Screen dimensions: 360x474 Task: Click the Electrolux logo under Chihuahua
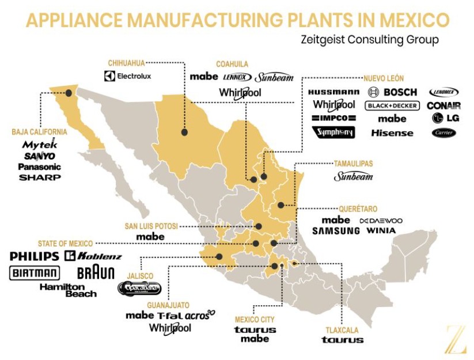128,75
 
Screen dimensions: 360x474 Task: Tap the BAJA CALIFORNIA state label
39,132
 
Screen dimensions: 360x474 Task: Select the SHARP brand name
40,177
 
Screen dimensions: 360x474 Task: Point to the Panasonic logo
39,166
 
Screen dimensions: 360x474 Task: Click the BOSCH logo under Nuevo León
392,92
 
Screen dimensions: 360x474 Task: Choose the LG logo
445,118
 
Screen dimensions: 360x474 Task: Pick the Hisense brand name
392,133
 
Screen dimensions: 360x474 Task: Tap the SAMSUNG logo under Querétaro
336,230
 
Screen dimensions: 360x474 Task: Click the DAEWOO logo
381,221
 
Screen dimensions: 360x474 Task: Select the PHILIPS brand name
35,256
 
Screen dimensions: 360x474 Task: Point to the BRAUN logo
96,272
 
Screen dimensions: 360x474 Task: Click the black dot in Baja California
69,92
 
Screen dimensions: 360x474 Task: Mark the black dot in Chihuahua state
184,132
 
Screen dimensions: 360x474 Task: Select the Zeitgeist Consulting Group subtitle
369,40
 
